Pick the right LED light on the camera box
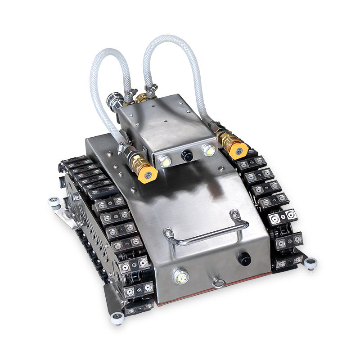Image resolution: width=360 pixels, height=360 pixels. [208, 149]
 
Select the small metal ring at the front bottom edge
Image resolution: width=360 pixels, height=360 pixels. [219, 283]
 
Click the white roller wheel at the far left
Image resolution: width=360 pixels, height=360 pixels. [54, 202]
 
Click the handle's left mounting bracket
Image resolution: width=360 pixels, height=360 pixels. [168, 233]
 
